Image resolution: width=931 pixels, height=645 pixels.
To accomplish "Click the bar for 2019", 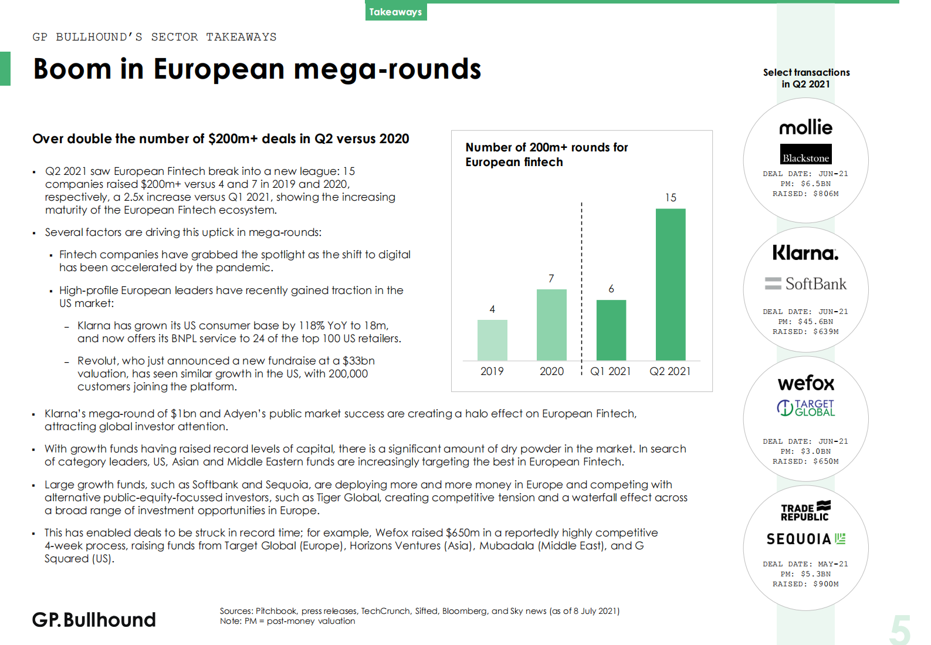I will pos(492,340).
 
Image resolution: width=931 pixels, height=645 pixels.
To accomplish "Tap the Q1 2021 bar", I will pos(611,330).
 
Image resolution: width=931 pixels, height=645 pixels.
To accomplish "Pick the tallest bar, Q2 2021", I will pos(671,284).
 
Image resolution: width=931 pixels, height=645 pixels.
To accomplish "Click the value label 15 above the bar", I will pos(671,198).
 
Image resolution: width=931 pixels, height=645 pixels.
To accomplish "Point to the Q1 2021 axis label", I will pos(610,372).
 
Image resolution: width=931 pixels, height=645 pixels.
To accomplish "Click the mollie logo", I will pos(805,127).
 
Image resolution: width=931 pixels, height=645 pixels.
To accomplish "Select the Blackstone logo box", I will pos(805,154).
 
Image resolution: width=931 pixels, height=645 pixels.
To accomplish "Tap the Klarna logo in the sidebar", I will pos(805,253).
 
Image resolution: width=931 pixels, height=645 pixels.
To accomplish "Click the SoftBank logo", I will pos(805,284).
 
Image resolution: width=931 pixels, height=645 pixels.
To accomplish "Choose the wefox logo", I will pos(805,383).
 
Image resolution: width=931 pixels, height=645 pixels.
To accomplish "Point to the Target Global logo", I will pos(805,408).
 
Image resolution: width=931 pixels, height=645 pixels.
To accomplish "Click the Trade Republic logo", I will pos(805,512).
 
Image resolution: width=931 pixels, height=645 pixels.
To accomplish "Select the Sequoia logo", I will pos(805,539).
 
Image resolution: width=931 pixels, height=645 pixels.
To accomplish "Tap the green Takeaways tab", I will pos(395,12).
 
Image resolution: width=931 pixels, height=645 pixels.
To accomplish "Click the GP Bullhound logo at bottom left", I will pos(94,620).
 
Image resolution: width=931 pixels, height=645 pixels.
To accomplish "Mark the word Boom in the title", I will pos(72,69).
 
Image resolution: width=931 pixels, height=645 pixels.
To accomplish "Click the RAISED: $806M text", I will pos(805,194).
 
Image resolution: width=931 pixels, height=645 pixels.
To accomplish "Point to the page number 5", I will pos(900,630).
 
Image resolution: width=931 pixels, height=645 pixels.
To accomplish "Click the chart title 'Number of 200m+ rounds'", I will pos(546,147).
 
